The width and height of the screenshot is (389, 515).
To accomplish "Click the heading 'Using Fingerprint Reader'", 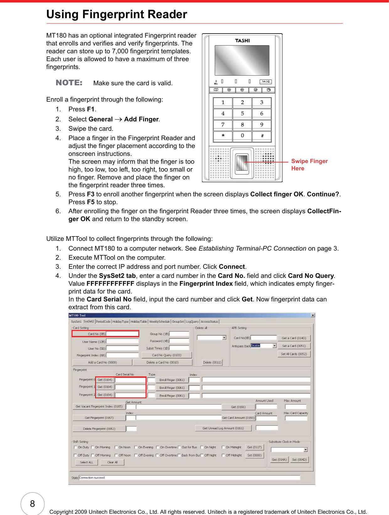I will pyautogui.click(x=117, y=14).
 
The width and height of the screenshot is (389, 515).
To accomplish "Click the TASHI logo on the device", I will pyautogui.click(x=242, y=41).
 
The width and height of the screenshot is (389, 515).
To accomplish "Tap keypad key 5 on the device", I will pyautogui.click(x=242, y=114).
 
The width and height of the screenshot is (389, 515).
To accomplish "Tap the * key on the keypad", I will pyautogui.click(x=223, y=136).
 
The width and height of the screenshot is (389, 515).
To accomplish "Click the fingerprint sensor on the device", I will pyautogui.click(x=242, y=162).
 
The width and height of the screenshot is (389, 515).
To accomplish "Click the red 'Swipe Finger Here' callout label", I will pyautogui.click(x=309, y=165).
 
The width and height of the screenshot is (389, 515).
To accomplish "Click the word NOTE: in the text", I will pyautogui.click(x=69, y=83).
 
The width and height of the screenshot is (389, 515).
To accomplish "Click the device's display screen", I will pyautogui.click(x=242, y=60).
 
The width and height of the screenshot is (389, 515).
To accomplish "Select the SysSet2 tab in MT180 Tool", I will pyautogui.click(x=88, y=321).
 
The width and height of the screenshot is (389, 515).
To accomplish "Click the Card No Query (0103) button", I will pyautogui.click(x=167, y=355).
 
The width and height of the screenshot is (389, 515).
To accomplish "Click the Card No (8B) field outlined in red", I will pyautogui.click(x=122, y=334).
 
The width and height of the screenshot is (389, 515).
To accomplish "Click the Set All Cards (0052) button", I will pyautogui.click(x=294, y=354).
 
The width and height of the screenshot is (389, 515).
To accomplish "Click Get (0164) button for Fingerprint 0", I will pyautogui.click(x=105, y=380).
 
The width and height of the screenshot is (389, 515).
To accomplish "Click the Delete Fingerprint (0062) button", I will pyautogui.click(x=99, y=429).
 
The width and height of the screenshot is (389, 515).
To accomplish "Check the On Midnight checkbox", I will pyautogui.click(x=223, y=447).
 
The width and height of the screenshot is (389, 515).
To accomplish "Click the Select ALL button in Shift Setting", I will pyautogui.click(x=87, y=462).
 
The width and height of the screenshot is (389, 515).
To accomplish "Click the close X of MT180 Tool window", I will pyautogui.click(x=313, y=315).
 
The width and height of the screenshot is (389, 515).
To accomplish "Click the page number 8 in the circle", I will pyautogui.click(x=33, y=504).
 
